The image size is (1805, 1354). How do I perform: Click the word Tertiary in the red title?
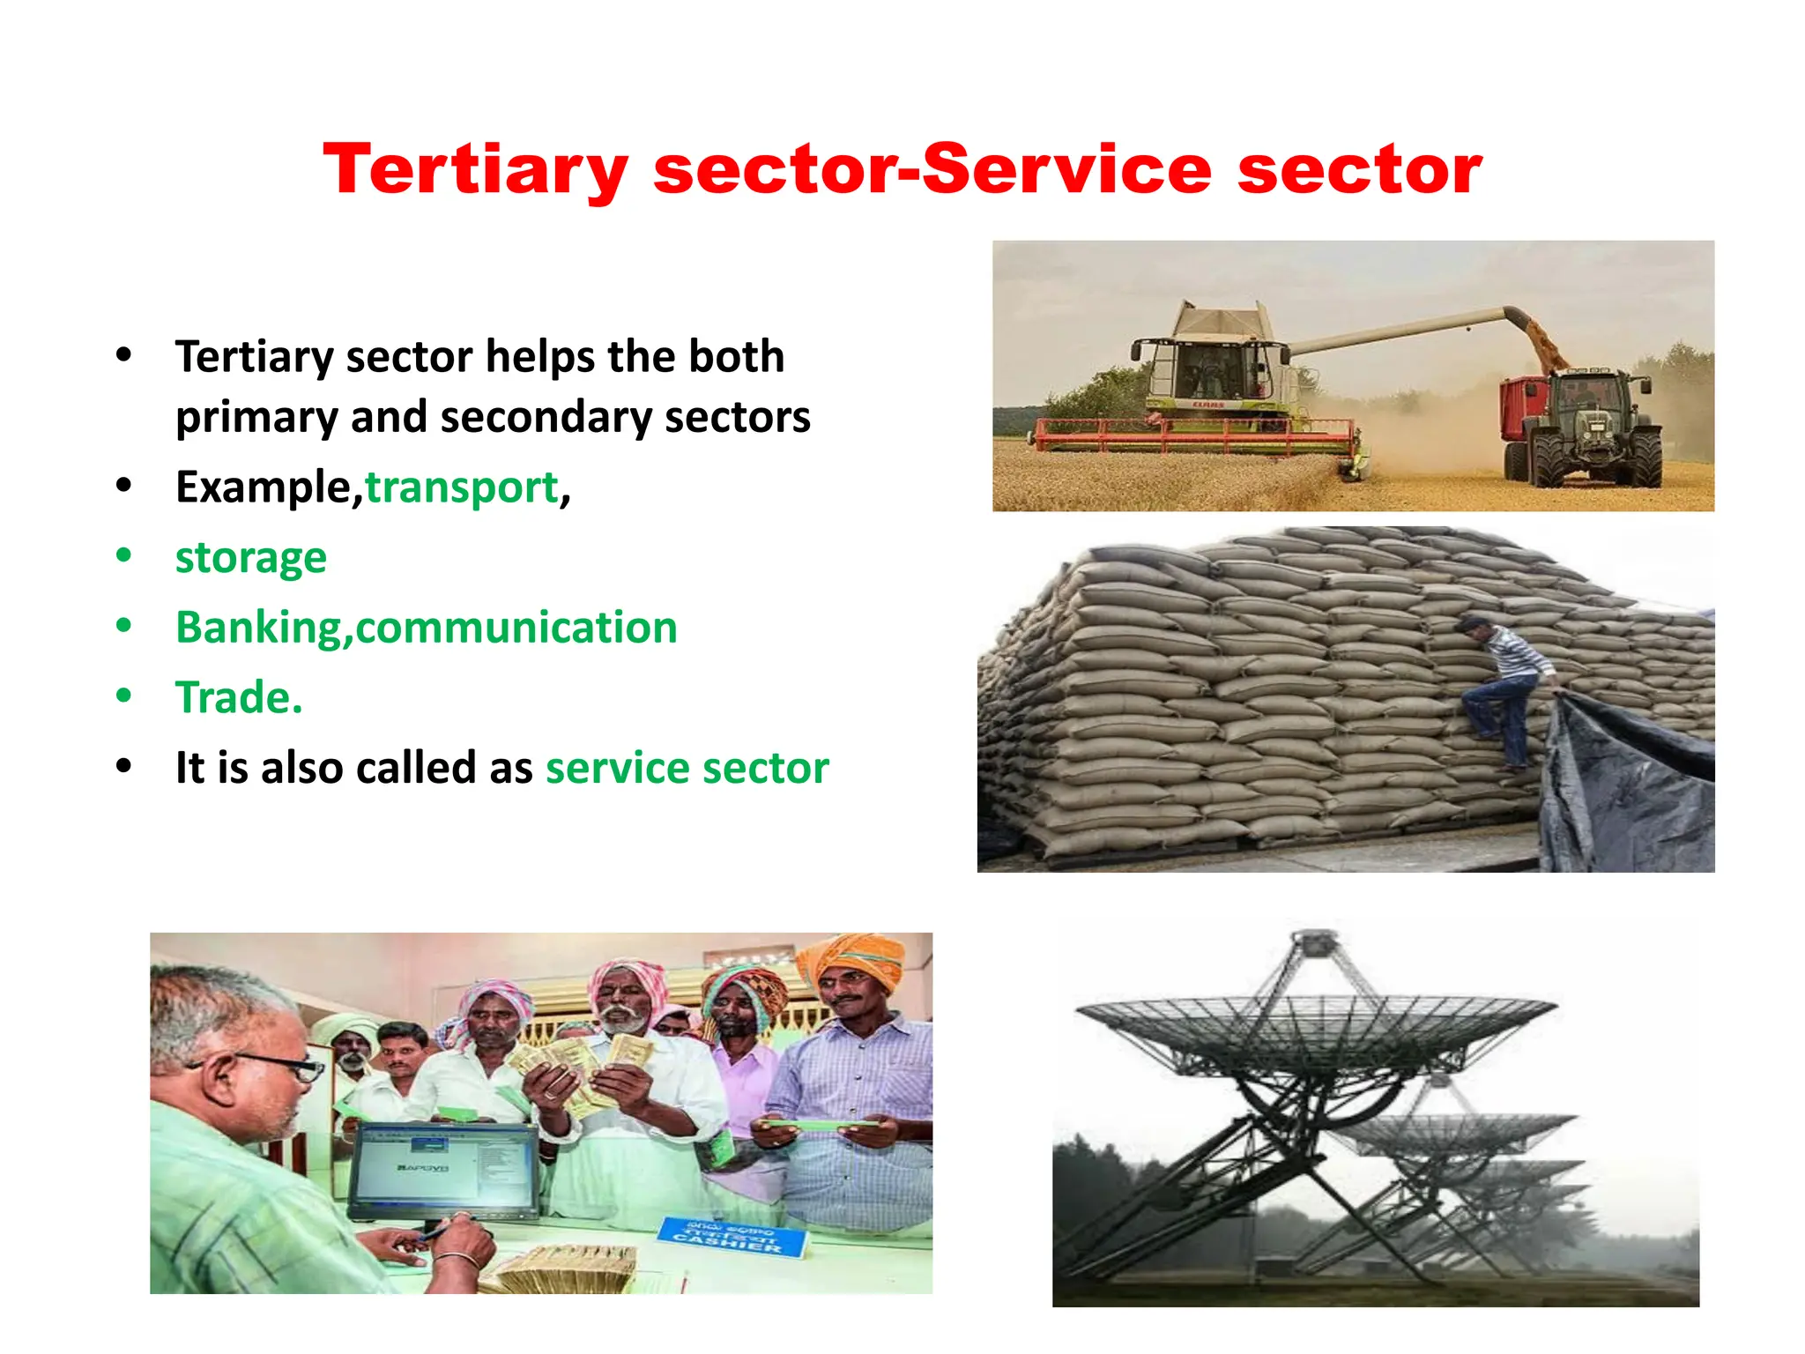(x=475, y=169)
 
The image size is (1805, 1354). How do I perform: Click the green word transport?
(x=462, y=487)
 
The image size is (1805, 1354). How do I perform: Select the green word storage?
(x=250, y=558)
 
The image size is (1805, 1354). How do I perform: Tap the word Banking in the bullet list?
(x=258, y=629)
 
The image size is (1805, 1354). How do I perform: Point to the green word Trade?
(x=238, y=698)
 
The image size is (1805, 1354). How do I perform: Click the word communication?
(x=516, y=629)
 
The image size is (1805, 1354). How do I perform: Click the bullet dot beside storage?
(x=123, y=555)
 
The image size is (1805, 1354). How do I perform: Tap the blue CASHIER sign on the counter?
(x=731, y=1236)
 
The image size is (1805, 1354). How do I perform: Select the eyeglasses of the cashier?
(x=291, y=1066)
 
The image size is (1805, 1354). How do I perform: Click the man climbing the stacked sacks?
(x=1505, y=688)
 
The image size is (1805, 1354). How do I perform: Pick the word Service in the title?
(x=1067, y=169)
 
